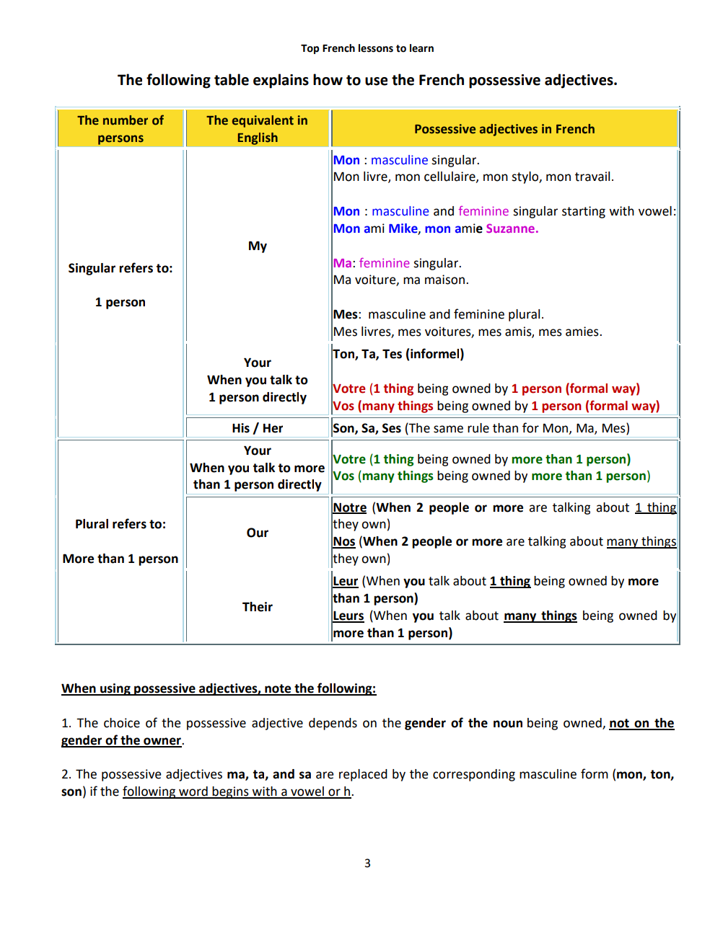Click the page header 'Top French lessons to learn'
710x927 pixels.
367,48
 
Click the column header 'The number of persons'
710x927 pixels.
120,129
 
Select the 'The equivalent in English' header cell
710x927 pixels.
257,129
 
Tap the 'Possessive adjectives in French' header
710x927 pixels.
504,129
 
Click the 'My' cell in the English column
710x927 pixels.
258,246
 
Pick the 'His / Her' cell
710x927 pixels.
258,428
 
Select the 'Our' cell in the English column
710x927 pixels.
258,533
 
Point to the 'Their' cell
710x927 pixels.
258,607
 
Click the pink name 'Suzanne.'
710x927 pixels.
512,229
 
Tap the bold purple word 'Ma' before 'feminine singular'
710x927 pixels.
342,263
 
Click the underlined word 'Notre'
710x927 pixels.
350,507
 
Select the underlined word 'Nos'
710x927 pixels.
344,541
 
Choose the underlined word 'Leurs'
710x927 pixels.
349,616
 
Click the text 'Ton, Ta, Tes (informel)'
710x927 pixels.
398,354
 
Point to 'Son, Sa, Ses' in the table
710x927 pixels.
367,428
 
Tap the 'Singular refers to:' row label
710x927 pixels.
120,268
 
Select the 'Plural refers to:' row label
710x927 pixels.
120,524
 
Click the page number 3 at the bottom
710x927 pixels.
367,863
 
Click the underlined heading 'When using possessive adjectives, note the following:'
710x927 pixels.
219,688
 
